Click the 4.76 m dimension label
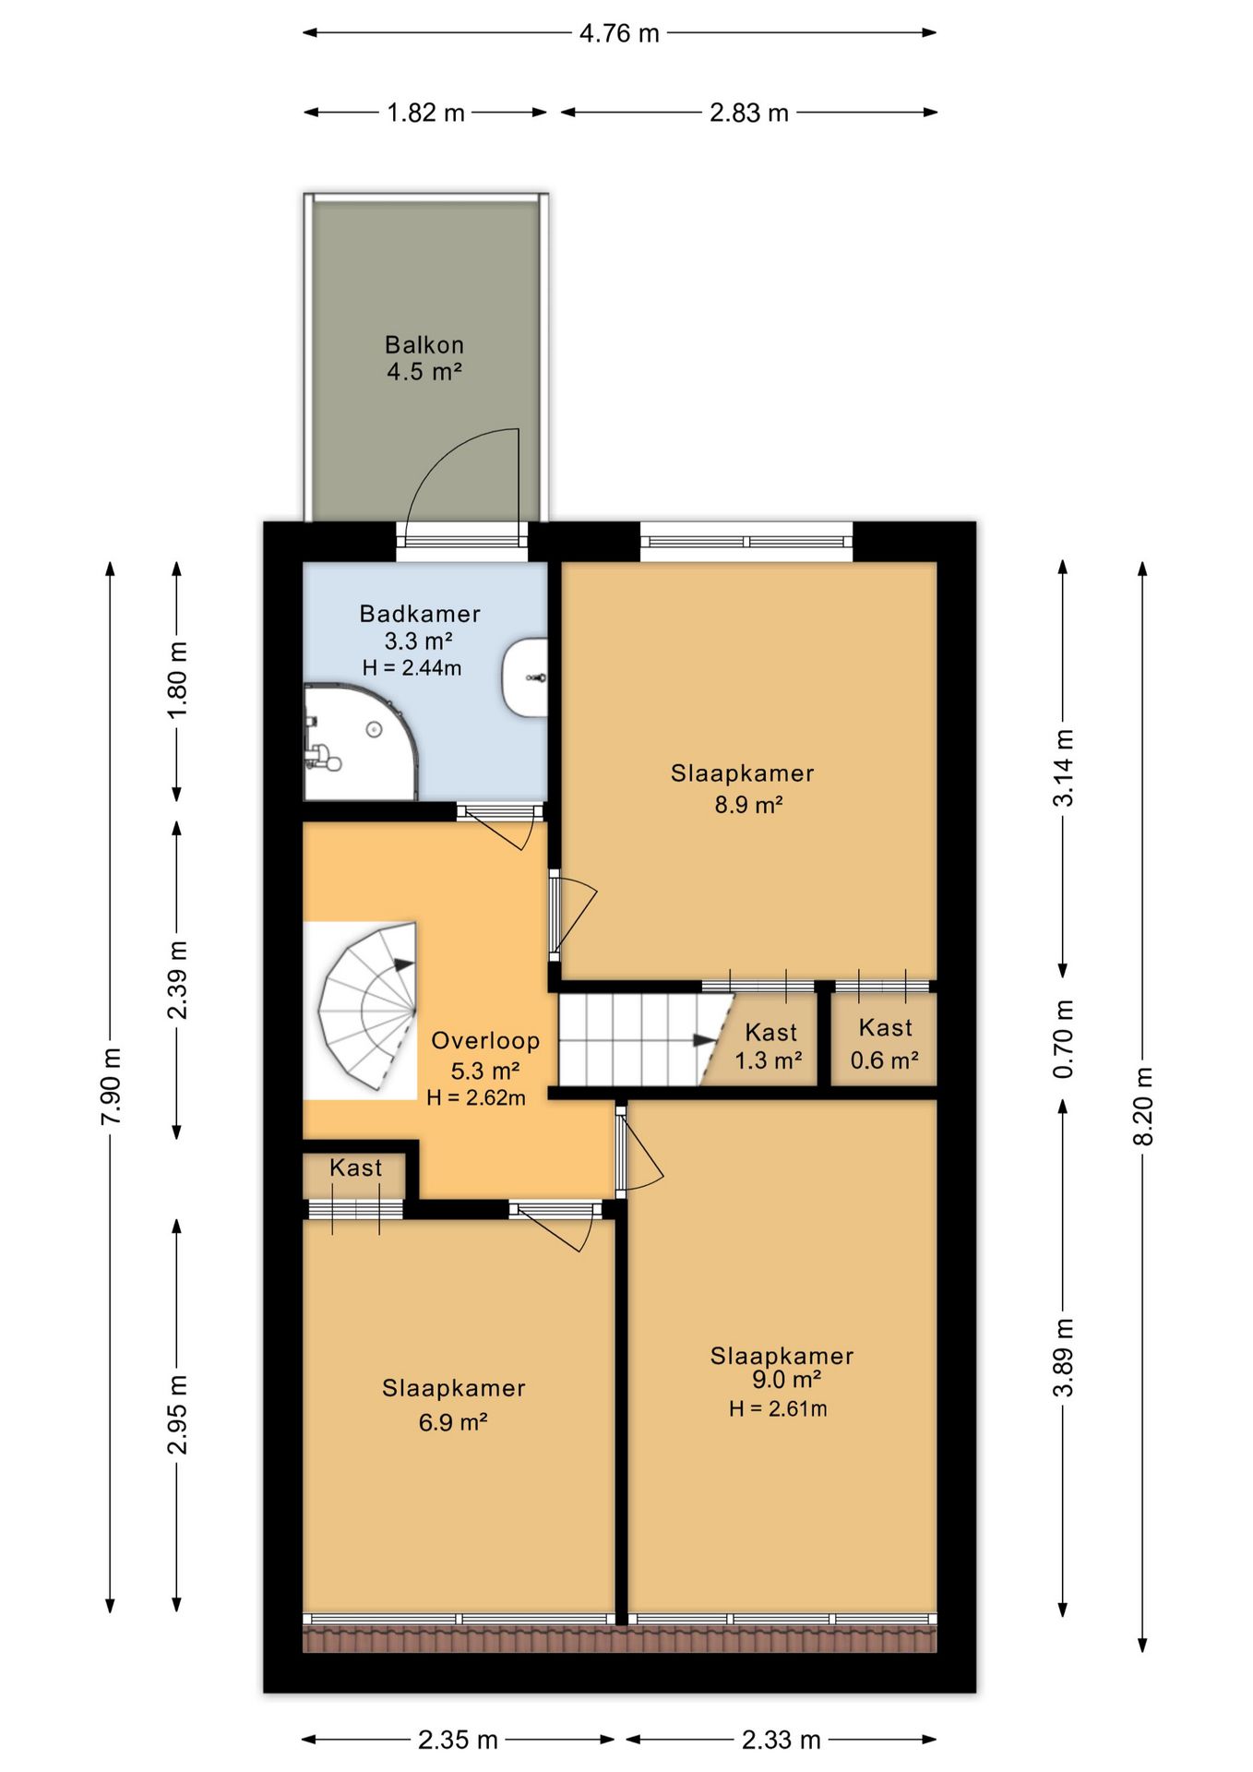click(x=619, y=33)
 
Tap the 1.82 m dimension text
click(x=425, y=113)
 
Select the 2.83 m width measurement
click(x=749, y=113)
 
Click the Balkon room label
click(x=424, y=345)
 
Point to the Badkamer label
click(x=420, y=614)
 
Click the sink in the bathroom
click(x=525, y=678)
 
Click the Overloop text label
click(x=485, y=1041)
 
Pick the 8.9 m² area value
click(x=749, y=805)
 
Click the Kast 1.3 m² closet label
click(x=770, y=1046)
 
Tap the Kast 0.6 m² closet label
click(x=885, y=1044)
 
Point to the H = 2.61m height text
click(x=778, y=1408)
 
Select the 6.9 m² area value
click(x=453, y=1422)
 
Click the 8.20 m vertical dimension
click(x=1143, y=1106)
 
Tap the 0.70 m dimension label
click(x=1064, y=1039)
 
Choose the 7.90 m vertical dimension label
click(x=111, y=1086)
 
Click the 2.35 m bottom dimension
click(x=458, y=1740)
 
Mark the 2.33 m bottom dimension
click(x=782, y=1740)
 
